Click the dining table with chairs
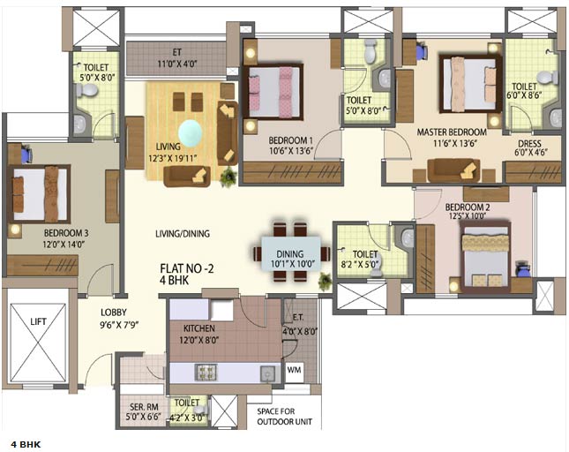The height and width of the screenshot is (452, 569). tap(288, 252)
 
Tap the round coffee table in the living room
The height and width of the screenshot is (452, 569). tap(191, 133)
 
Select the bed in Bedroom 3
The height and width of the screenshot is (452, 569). tap(39, 193)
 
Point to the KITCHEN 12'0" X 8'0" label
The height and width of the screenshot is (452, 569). tap(198, 331)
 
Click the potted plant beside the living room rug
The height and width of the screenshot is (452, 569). tap(228, 177)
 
